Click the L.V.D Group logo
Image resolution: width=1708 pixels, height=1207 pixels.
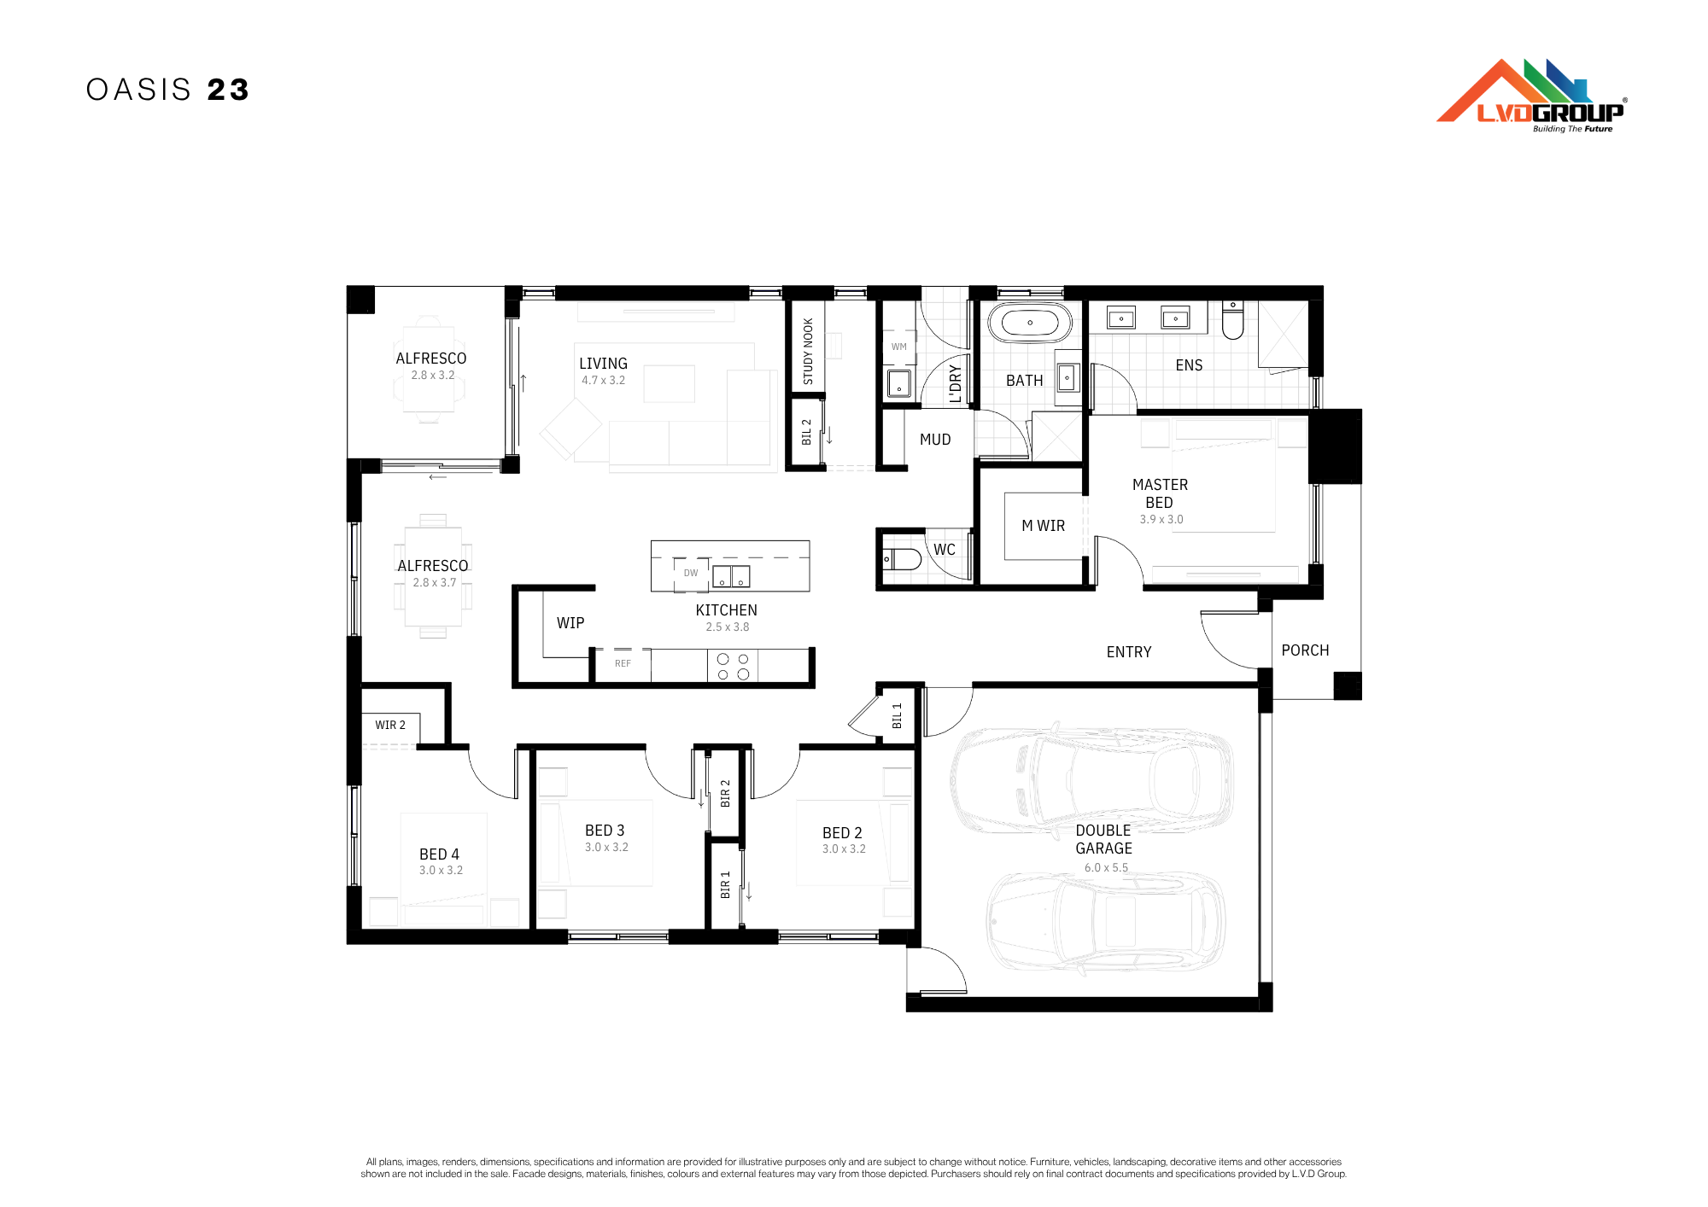[x=1531, y=96]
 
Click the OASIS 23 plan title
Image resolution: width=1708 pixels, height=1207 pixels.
[x=167, y=90]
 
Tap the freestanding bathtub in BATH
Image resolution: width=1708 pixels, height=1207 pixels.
[x=1029, y=324]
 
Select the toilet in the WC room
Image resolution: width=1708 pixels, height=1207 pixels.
[x=902, y=559]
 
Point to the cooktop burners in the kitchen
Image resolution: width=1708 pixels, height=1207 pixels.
[x=733, y=666]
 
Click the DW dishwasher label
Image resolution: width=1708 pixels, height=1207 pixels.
[x=691, y=573]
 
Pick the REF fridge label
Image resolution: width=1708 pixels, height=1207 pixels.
[x=623, y=663]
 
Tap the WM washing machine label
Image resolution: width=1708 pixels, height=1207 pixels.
[x=899, y=347]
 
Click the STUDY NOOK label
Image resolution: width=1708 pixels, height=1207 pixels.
[x=808, y=351]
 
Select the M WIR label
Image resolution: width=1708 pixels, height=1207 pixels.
[x=1043, y=526]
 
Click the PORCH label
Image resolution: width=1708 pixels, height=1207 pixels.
[x=1305, y=650]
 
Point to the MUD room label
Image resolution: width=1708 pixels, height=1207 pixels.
[x=935, y=440]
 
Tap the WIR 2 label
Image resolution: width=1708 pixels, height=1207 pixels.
[x=390, y=725]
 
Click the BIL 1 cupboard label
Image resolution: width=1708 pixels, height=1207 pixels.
[x=897, y=715]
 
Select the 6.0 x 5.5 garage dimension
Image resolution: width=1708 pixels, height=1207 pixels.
[x=1106, y=867]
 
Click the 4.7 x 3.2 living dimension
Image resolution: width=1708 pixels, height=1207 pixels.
[x=603, y=381]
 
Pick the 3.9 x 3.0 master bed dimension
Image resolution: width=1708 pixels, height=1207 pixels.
[x=1161, y=519]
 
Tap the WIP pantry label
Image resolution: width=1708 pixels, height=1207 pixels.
[x=570, y=623]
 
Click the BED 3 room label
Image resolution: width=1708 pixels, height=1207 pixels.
[x=605, y=831]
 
